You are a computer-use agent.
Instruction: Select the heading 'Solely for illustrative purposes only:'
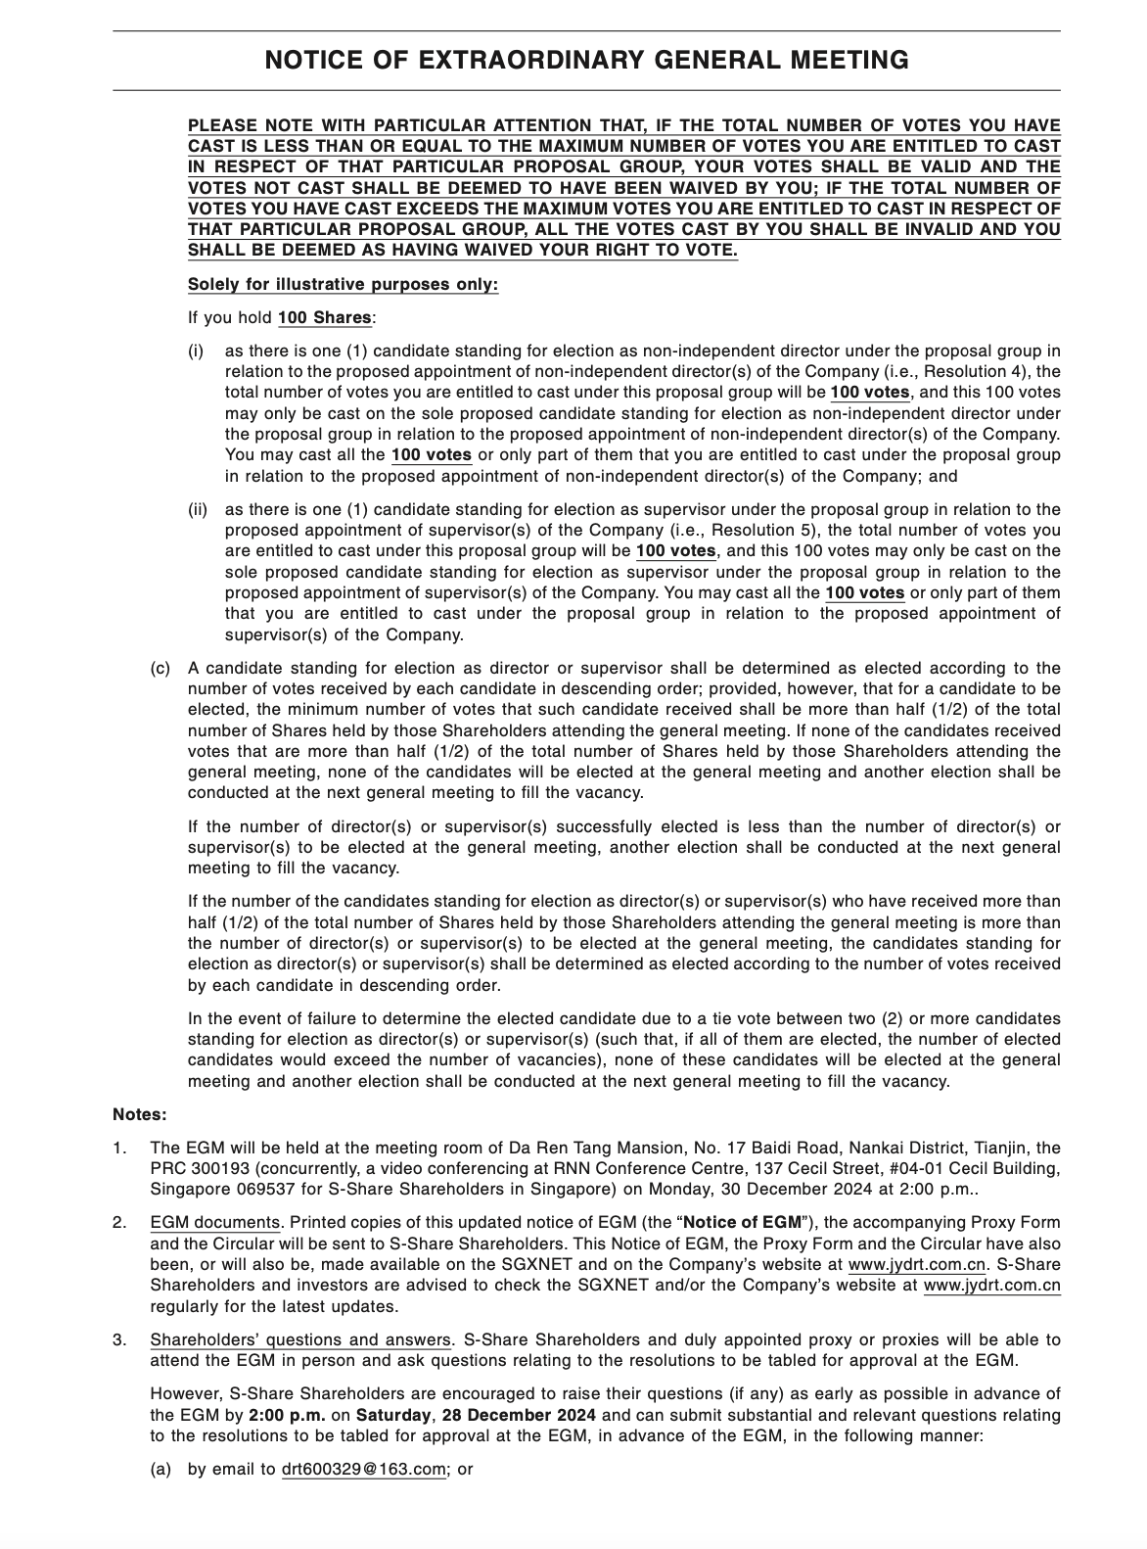pyautogui.click(x=343, y=285)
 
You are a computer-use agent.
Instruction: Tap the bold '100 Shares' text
pyautogui.click(x=324, y=318)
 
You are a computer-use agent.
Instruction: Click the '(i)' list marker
pyautogui.click(x=196, y=351)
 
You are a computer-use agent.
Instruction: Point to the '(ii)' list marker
pyautogui.click(x=198, y=509)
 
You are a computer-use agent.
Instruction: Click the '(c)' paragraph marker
pyautogui.click(x=160, y=668)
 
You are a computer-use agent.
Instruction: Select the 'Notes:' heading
pyautogui.click(x=140, y=1114)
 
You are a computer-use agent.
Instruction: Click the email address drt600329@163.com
pyautogui.click(x=363, y=1471)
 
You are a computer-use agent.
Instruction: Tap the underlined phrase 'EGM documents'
pyautogui.click(x=215, y=1222)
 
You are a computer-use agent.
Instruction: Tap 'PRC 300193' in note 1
pyautogui.click(x=192, y=1169)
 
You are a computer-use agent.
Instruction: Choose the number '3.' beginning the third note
pyautogui.click(x=119, y=1339)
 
